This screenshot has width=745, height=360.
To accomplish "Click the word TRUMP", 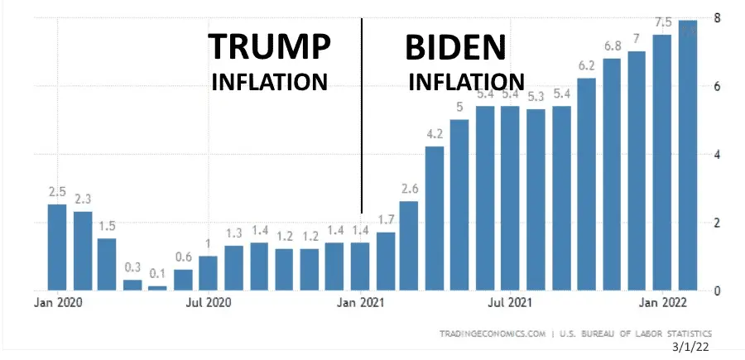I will tap(269, 48).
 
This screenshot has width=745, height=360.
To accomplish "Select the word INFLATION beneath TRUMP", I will tap(270, 82).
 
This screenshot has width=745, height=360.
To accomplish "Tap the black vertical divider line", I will tap(362, 116).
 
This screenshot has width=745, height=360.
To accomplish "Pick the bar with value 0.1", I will tap(157, 287).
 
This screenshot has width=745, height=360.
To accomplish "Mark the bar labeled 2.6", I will tap(409, 245).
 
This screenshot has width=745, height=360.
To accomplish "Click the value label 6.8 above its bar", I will tap(612, 45).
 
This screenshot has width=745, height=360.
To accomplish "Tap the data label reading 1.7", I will tap(385, 218).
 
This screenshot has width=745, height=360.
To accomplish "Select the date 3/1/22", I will tap(691, 349).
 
